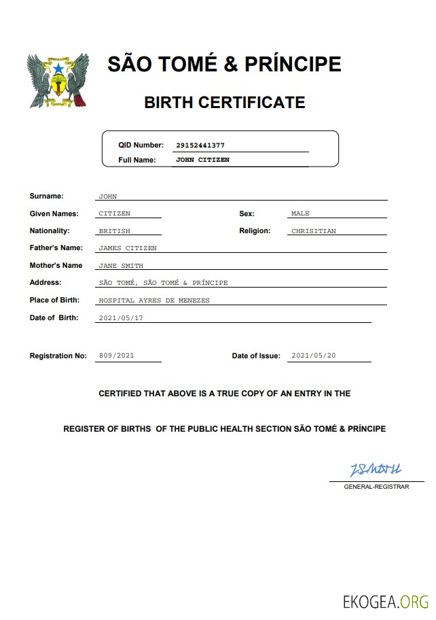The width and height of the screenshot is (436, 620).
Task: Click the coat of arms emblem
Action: [x=58, y=81]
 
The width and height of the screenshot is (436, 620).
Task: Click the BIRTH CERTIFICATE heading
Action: [x=224, y=103]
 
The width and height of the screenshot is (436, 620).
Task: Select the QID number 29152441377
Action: [x=200, y=145]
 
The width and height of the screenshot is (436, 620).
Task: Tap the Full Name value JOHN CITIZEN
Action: [x=202, y=160]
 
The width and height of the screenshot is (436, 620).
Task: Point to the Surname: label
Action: [x=46, y=196]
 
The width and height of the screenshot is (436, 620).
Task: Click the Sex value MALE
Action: [x=300, y=214]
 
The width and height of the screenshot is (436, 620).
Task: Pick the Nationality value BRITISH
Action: [x=114, y=231]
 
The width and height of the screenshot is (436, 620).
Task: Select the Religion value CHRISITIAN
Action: [x=313, y=231]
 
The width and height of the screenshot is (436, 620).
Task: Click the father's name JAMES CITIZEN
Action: [x=128, y=248]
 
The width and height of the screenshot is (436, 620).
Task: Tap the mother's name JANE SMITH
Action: [x=121, y=266]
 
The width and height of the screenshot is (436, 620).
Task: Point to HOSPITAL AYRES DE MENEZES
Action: [x=154, y=300]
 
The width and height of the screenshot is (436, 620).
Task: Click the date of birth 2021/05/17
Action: [x=121, y=318]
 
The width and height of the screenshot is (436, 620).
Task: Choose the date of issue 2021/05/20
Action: [x=313, y=356]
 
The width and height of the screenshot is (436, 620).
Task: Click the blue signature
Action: [x=376, y=470]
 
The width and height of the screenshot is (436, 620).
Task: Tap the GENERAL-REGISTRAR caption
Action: [x=376, y=487]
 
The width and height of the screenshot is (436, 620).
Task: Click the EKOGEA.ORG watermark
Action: [x=385, y=602]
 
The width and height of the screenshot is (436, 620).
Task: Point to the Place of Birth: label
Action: [x=54, y=300]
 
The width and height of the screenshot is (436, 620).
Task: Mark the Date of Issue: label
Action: [x=255, y=356]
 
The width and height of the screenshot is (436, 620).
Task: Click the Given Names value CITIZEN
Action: [x=114, y=214]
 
